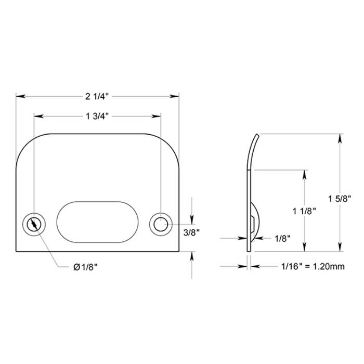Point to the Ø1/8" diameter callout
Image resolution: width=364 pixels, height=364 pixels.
tap(86, 267)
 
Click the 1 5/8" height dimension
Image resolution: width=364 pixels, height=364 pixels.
tap(340, 199)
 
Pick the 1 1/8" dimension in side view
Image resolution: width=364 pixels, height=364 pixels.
tap(305, 211)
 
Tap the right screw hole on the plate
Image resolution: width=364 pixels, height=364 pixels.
tap(160, 224)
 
